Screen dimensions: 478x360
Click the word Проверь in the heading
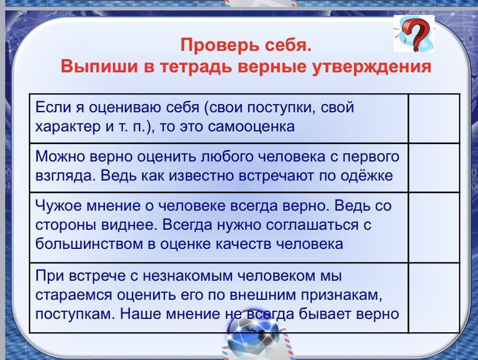point(219,45)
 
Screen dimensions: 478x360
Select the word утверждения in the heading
point(372,67)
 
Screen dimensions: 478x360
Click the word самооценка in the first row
point(251,127)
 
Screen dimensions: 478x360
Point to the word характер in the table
point(68,127)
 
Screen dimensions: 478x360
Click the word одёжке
point(367,175)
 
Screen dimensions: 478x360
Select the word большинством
point(89,244)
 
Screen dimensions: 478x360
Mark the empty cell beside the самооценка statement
point(434,118)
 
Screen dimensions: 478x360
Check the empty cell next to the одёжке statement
point(434,167)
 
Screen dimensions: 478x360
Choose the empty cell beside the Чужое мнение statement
point(434,227)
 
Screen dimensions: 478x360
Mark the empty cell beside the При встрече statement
point(434,297)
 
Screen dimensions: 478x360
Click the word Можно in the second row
point(60,156)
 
